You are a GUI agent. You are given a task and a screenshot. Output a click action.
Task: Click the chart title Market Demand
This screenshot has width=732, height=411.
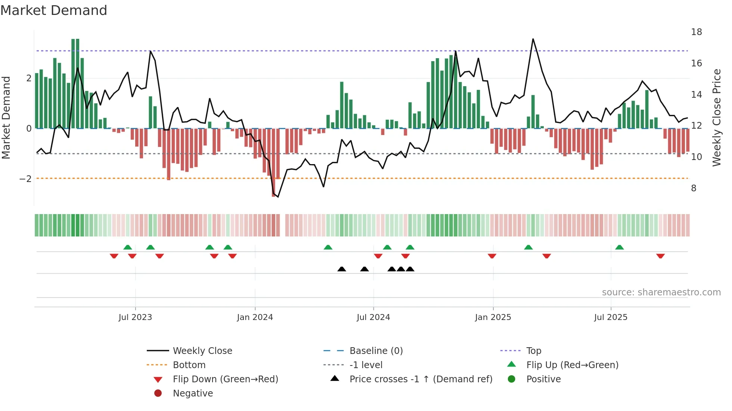click(54, 10)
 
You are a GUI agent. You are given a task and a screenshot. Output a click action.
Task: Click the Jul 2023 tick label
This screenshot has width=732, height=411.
click(135, 317)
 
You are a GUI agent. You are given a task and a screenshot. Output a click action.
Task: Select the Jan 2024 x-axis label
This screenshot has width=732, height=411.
click(255, 317)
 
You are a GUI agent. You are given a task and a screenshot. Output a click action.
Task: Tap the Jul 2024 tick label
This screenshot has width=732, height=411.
click(373, 317)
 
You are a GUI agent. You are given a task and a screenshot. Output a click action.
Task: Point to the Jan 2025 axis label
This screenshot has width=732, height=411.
click(493, 317)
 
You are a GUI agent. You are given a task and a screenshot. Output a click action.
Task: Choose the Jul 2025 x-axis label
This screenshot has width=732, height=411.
click(611, 317)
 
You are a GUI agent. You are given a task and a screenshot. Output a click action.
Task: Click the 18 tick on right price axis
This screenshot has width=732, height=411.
click(696, 32)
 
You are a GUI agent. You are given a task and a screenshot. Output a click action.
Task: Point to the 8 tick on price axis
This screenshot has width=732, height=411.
click(694, 188)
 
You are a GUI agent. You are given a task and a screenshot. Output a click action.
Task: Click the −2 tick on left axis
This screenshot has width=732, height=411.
click(25, 179)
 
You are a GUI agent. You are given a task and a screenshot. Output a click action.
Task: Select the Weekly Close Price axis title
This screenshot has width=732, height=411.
click(716, 117)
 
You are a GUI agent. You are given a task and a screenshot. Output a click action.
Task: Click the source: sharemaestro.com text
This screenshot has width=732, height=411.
click(661, 292)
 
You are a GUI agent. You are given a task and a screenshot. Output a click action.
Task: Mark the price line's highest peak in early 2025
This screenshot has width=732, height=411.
click(533, 39)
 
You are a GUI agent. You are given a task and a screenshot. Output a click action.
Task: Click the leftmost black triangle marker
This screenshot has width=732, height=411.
click(342, 269)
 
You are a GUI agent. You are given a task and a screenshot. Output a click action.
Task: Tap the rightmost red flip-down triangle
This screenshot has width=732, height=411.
click(660, 256)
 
